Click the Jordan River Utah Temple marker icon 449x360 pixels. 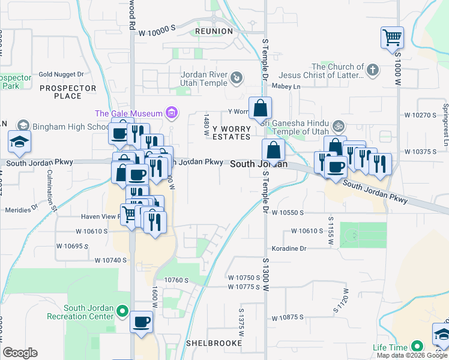pos(237,77)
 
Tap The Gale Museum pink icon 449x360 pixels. pos(172,112)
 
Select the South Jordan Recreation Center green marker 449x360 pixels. pos(122,311)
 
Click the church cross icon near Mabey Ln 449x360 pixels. pos(372,70)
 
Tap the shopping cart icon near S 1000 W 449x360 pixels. pos(392,38)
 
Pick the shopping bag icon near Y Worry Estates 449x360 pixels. pos(261,109)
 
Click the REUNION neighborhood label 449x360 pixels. pos(214,31)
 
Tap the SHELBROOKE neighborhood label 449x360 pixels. pos(214,343)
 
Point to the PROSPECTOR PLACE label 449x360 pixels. pos(67,92)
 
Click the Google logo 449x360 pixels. pos(20,353)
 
